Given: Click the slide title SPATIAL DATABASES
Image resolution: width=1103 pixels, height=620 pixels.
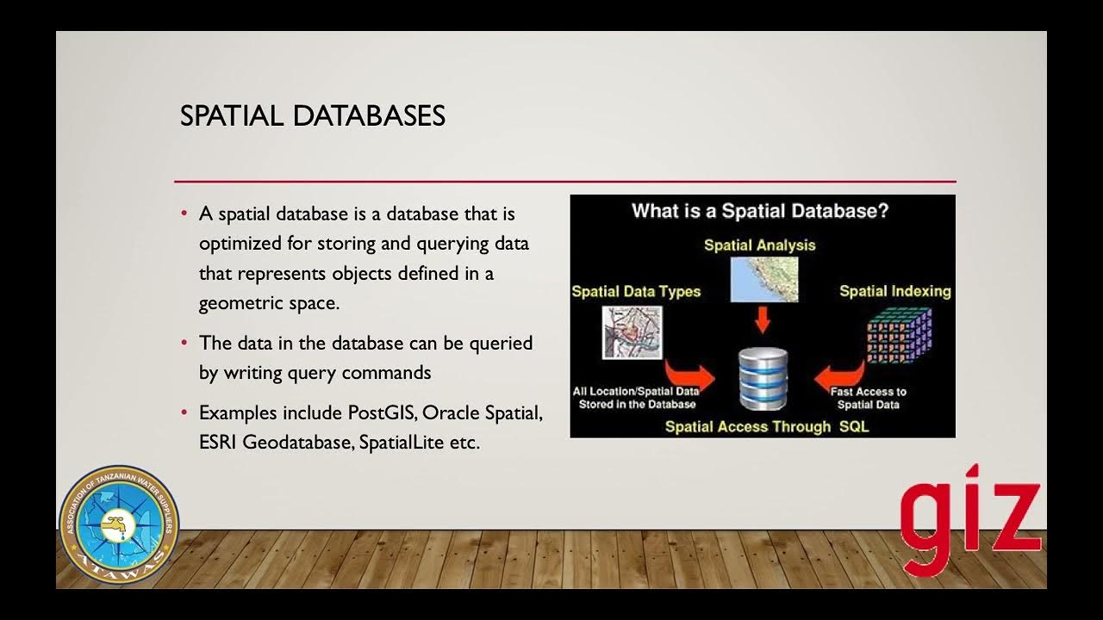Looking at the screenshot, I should (312, 116).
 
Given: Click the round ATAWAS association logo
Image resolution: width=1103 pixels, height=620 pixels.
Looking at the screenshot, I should (118, 524).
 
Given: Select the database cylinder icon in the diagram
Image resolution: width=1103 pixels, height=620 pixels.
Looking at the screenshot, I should (763, 378).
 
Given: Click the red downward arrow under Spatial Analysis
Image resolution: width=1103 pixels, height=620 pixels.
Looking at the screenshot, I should (762, 321).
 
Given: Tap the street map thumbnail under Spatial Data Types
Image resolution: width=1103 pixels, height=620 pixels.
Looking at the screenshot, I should (632, 332).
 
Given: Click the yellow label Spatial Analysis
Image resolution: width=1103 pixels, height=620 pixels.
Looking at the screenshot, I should (759, 245).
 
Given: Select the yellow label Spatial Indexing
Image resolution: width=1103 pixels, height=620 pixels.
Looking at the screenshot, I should (894, 291).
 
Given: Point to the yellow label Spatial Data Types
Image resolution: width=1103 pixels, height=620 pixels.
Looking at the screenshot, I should (636, 292).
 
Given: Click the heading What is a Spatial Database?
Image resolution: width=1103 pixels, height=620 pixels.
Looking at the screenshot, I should (759, 211).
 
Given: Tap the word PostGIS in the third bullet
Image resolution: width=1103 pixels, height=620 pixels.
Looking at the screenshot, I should (382, 412).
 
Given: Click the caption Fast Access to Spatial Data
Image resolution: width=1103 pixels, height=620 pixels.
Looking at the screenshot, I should (868, 398).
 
